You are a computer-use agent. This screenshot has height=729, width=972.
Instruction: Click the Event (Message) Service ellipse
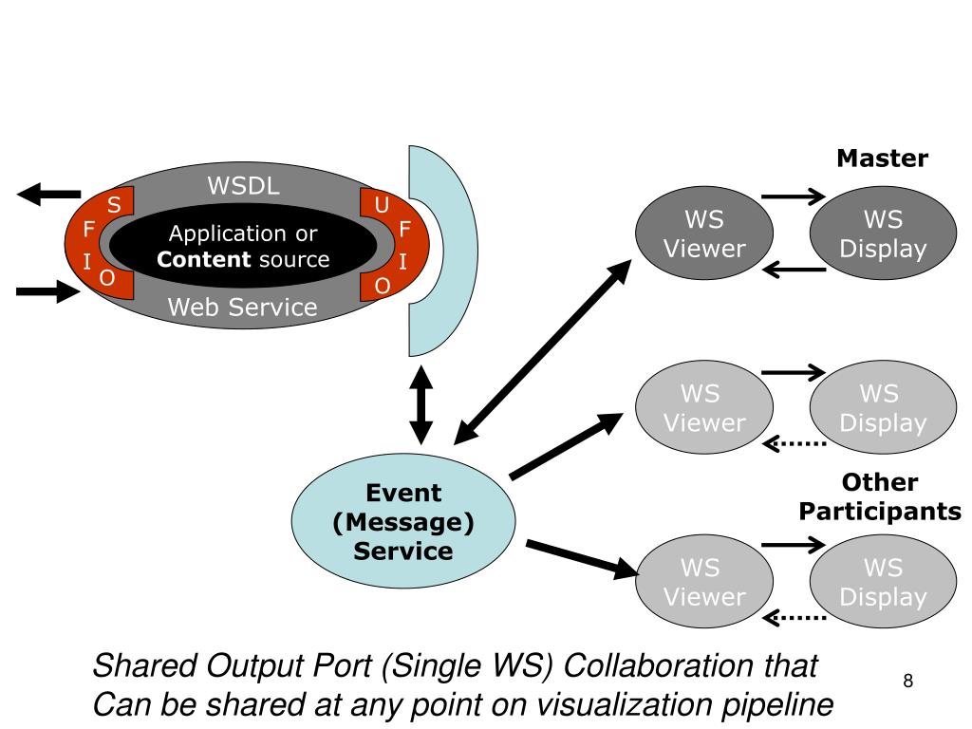403,522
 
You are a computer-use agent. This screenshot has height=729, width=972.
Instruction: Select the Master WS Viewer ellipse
704,234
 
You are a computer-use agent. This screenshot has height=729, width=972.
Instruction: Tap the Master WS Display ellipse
883,234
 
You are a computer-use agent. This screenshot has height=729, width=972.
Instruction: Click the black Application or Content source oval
244,247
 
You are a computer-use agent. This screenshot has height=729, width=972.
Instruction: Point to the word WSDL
244,186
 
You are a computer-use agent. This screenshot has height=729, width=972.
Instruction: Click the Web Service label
243,307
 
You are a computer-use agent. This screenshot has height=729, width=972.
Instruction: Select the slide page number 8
908,681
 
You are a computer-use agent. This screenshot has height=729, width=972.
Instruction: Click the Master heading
882,159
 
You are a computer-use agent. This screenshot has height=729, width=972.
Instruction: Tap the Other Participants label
880,497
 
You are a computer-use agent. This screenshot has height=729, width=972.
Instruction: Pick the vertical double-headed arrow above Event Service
421,406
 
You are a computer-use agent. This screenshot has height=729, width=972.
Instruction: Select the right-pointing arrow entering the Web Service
47,290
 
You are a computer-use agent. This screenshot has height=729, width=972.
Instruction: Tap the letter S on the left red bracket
113,205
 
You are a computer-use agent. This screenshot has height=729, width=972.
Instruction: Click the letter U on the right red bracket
382,205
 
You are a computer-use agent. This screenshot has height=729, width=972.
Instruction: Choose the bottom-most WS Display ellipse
883,583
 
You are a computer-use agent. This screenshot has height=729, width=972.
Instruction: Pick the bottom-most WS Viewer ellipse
704,583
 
